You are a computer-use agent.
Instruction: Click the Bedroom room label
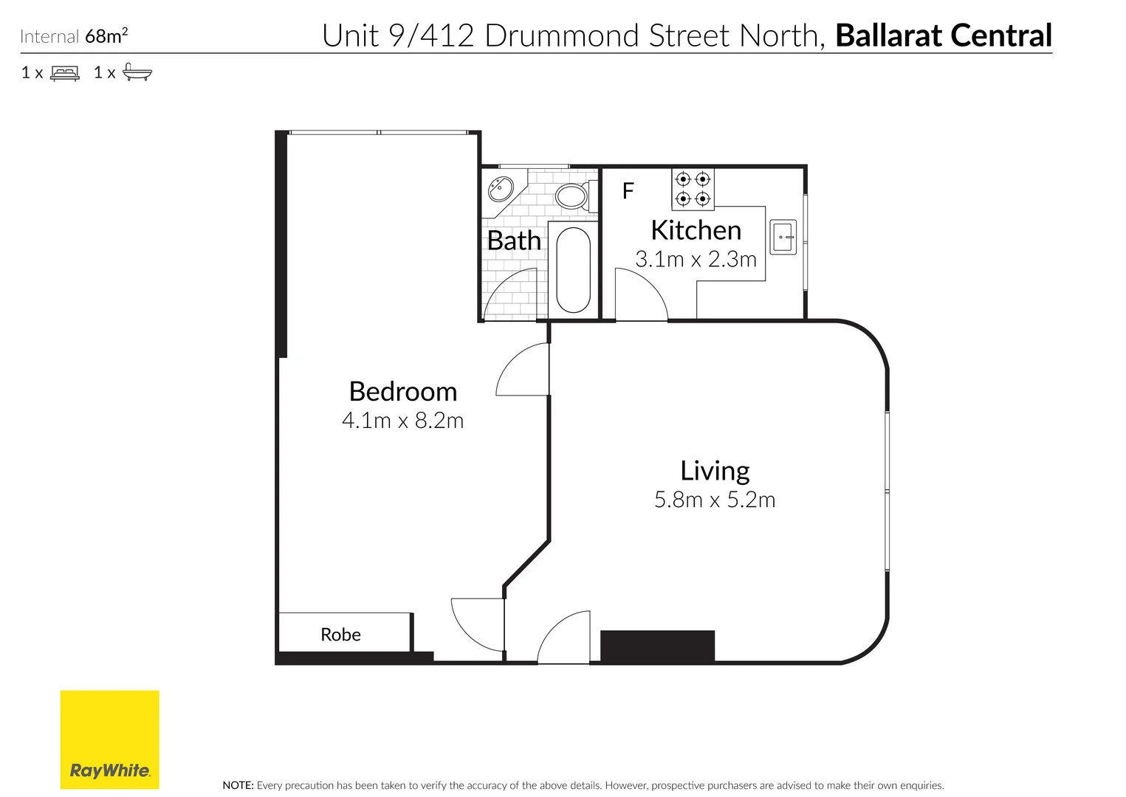click(x=402, y=391)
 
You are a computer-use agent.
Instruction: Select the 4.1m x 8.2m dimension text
click(x=402, y=421)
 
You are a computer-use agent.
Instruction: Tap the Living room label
click(x=714, y=471)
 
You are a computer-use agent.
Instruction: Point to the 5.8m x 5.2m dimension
click(x=714, y=500)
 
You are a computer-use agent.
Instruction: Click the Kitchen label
click(x=696, y=230)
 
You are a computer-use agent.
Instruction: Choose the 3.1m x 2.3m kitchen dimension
click(x=696, y=259)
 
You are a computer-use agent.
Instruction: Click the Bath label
click(x=514, y=241)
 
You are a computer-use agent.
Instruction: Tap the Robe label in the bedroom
click(x=340, y=635)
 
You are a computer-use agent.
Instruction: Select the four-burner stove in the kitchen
click(x=693, y=189)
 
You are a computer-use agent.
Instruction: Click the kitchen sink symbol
click(x=783, y=237)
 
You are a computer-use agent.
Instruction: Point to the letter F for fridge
click(x=628, y=191)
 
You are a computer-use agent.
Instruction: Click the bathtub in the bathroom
click(x=573, y=270)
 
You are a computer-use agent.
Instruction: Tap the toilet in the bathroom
click(x=573, y=196)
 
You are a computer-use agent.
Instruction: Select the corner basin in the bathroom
click(x=500, y=188)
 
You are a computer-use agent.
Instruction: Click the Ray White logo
click(x=109, y=739)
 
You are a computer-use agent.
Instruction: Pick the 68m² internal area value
click(x=106, y=35)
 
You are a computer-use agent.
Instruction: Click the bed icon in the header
click(x=65, y=73)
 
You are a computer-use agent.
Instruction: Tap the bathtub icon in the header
click(x=137, y=72)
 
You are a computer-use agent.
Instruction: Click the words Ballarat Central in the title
click(x=943, y=35)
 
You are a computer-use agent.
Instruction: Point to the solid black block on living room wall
click(x=657, y=646)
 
